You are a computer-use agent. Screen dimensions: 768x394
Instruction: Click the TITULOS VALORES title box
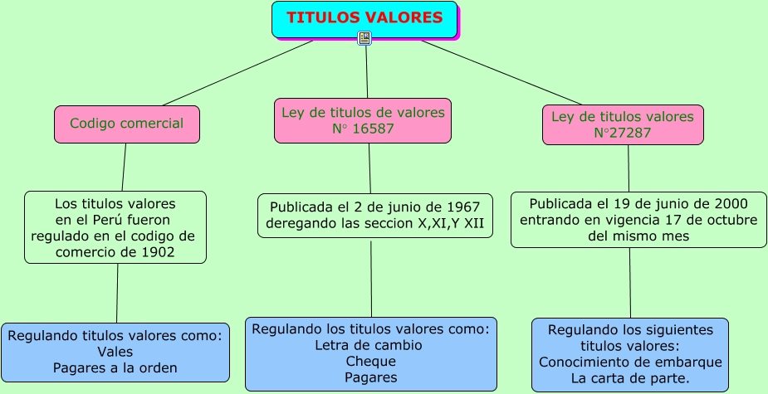[x=364, y=18]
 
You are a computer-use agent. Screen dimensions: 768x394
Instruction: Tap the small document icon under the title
[x=364, y=38]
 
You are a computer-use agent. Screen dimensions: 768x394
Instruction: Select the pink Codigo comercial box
[x=127, y=124]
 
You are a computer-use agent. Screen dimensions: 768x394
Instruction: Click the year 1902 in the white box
[x=159, y=251]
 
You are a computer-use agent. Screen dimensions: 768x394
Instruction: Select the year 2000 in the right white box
[x=731, y=203]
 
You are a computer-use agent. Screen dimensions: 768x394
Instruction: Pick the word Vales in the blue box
[x=115, y=352]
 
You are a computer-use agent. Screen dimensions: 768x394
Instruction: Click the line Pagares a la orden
[x=115, y=367]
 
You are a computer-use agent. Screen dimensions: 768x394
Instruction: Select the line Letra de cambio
[x=369, y=345]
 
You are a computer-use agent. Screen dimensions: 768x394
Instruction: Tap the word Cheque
[x=370, y=362]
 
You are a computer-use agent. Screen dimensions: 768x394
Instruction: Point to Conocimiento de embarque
[x=630, y=362]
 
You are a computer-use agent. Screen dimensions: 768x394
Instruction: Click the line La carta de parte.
[x=630, y=378]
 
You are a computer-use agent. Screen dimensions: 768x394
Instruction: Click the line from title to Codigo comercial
[x=215, y=74]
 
